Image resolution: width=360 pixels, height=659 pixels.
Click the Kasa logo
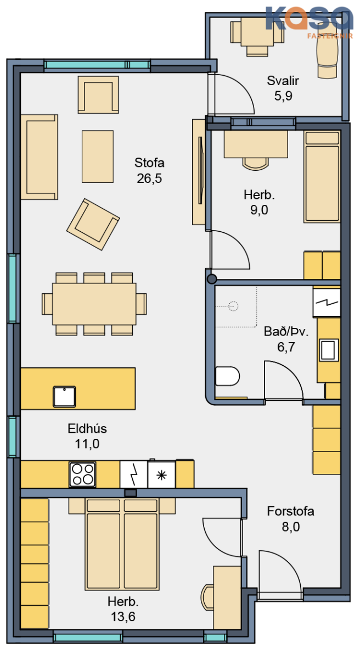(309, 23)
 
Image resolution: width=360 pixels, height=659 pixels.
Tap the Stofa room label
(149, 163)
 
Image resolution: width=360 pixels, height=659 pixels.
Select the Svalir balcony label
(283, 81)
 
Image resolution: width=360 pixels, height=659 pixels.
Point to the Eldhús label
(87, 428)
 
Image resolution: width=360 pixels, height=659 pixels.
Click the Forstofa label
(290, 511)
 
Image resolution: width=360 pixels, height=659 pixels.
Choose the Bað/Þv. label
(286, 332)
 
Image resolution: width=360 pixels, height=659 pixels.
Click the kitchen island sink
(64, 396)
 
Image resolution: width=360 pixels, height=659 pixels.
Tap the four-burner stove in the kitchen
(82, 474)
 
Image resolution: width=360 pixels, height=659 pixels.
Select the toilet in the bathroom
(227, 376)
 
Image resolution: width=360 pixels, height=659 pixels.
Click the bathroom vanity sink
(329, 350)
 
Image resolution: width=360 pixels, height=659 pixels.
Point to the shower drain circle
(233, 306)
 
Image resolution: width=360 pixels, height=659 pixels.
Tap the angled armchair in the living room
(93, 224)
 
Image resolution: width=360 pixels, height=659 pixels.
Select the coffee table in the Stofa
(98, 157)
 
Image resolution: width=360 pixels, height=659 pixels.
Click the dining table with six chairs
(94, 304)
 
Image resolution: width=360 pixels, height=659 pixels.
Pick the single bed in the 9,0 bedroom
(322, 176)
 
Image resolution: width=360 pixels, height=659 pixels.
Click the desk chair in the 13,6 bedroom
(207, 597)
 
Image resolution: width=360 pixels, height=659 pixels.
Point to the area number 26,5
(149, 178)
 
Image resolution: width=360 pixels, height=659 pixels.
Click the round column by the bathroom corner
(212, 279)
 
